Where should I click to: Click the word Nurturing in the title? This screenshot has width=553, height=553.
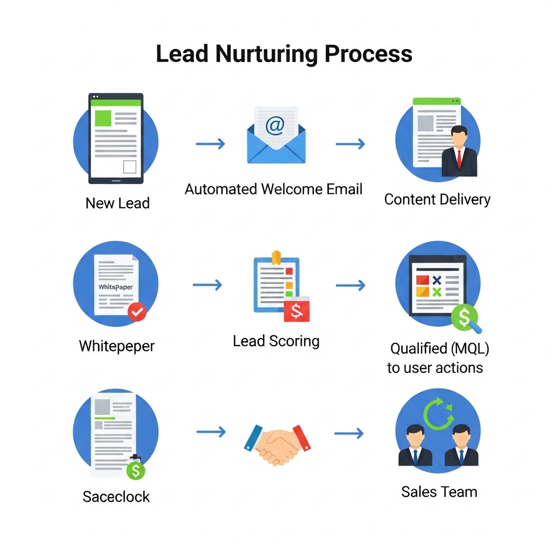coord(267,54)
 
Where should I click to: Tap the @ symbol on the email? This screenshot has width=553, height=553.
coord(275,126)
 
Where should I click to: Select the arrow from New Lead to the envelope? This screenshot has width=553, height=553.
coord(210,144)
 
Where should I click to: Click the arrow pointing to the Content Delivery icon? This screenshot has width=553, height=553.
coord(350,144)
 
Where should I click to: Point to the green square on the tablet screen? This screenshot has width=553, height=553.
coord(103,118)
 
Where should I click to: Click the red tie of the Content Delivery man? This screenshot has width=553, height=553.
coord(459,159)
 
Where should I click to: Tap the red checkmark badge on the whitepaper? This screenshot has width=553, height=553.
coord(137,312)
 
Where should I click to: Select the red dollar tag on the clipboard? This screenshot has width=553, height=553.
coord(296,309)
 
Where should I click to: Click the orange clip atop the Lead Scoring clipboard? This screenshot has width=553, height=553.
coord(276,258)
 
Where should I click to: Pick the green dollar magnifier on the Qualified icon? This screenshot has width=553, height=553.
coord(465,318)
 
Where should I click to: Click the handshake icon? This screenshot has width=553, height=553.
coord(277,444)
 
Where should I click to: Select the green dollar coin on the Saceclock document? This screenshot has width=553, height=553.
coord(136,470)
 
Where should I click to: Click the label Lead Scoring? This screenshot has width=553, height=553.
coord(276,341)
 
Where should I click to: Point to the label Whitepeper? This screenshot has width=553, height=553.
coord(117,346)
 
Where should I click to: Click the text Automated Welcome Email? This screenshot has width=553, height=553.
coord(274,189)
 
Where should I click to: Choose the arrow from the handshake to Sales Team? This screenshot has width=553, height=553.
coord(349,433)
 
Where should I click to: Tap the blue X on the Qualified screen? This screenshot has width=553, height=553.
coord(437,280)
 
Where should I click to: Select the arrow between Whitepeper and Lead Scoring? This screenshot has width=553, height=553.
coord(207,285)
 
